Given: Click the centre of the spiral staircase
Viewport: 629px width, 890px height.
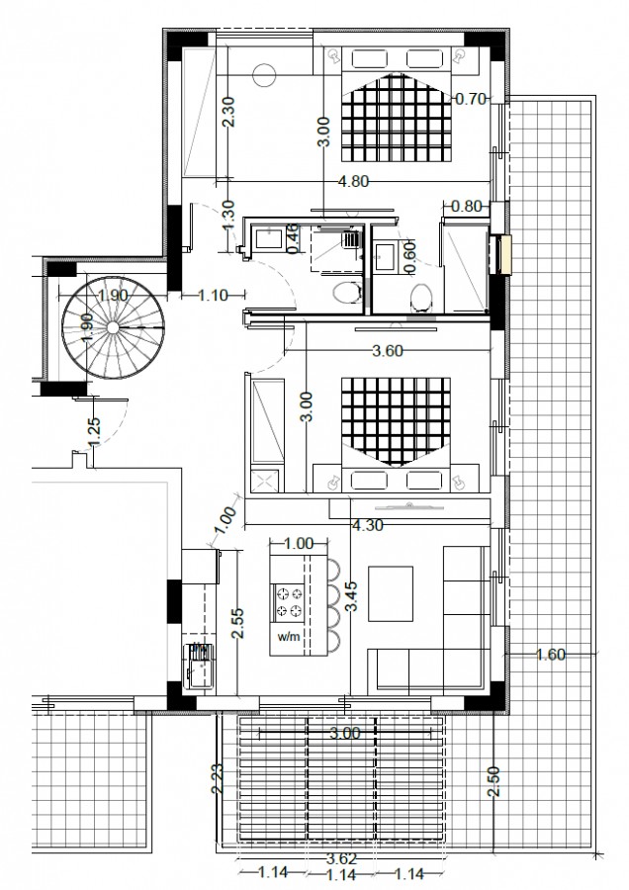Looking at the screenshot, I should (111, 327).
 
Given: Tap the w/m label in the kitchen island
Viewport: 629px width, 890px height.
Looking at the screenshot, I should (288, 637).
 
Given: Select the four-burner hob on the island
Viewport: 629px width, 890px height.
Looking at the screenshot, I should (291, 599).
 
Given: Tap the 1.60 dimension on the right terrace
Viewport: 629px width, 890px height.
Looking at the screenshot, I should (551, 654).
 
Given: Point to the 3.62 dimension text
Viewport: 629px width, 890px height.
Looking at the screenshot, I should (341, 859).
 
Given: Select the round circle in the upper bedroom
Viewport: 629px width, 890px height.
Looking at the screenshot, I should (264, 73).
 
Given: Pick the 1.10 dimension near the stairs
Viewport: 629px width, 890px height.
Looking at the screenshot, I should (214, 294).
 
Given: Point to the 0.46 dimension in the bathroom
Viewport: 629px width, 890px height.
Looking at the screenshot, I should (293, 239).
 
